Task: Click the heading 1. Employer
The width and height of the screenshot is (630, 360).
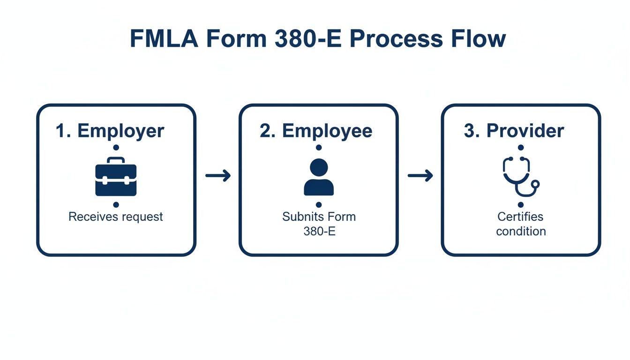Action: tap(110, 131)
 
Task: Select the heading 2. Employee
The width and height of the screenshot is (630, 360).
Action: tap(316, 131)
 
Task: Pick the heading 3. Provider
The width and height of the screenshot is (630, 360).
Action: tap(514, 131)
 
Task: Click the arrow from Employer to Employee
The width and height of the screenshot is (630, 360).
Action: tap(218, 176)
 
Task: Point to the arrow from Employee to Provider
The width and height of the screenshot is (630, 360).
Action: tap(420, 176)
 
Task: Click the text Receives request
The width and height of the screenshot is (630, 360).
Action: tap(116, 217)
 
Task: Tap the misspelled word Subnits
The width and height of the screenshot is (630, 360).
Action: tap(299, 217)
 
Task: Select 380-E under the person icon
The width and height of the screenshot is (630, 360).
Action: tap(319, 231)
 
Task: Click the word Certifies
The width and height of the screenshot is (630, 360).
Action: tap(520, 217)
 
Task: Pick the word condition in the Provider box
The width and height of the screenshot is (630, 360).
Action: tap(521, 231)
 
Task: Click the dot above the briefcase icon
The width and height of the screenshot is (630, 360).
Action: tap(116, 148)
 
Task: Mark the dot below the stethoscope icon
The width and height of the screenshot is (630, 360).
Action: tap(521, 205)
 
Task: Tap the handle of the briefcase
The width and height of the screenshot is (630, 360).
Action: tap(116, 160)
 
